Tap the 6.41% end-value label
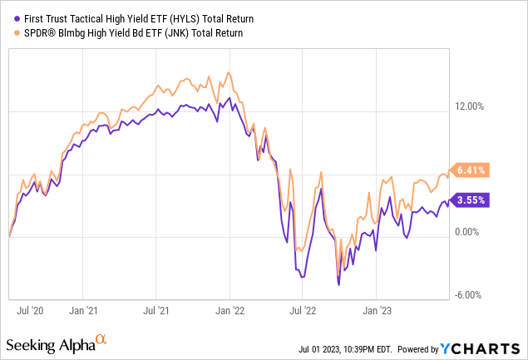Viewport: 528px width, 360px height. click(471, 170)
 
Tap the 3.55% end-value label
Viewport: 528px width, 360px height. click(471, 200)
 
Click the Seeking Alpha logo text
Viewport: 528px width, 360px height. click(50, 344)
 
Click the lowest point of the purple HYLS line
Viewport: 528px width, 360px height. click(338, 285)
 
